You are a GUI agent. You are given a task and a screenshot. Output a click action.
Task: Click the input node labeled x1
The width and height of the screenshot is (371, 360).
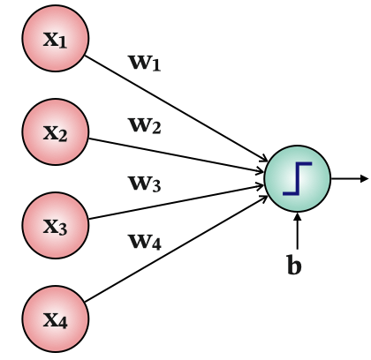56,41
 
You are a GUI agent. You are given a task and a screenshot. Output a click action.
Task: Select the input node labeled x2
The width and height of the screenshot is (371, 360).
56,132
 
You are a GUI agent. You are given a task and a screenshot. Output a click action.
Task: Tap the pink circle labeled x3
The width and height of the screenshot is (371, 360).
56,224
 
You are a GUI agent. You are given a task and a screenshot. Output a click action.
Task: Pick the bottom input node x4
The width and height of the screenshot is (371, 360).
56,318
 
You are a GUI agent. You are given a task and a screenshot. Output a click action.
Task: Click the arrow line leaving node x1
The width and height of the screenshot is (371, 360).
177,110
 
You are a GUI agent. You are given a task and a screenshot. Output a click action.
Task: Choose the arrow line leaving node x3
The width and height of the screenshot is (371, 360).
177,199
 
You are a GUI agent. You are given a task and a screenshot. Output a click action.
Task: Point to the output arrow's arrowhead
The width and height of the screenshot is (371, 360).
363,177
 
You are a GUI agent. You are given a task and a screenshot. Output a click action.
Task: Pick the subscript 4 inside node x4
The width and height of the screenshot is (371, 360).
63,323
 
